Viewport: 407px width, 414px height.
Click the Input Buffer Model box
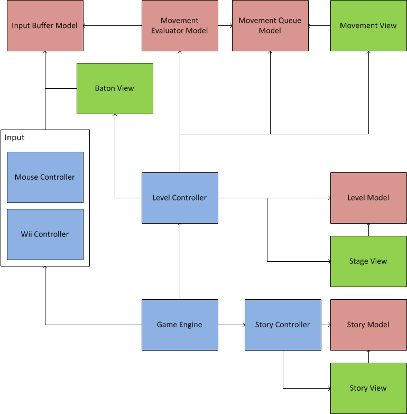point(45,25)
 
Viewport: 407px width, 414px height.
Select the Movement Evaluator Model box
point(180,25)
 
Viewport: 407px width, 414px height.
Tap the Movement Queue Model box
point(270,25)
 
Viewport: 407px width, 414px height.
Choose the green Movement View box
point(368,25)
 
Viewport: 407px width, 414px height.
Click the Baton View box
point(115,88)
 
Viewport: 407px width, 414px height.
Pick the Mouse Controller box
point(45,177)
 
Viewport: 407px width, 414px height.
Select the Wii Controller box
point(45,234)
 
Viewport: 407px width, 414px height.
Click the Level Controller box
point(180,198)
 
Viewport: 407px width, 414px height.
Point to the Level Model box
point(368,198)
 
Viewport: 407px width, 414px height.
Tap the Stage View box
point(368,261)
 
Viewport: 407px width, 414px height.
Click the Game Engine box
point(180,325)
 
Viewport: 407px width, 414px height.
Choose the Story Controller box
point(283,325)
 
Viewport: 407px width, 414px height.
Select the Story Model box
point(368,325)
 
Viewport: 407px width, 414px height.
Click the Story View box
point(368,388)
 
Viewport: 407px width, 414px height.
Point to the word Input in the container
point(15,137)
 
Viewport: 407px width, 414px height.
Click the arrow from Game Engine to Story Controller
point(231,325)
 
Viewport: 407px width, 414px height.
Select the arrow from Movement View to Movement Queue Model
point(319,25)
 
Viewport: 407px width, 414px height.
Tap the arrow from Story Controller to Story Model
point(326,325)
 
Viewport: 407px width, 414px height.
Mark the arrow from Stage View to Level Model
point(368,229)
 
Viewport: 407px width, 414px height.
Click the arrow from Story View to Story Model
point(368,356)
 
